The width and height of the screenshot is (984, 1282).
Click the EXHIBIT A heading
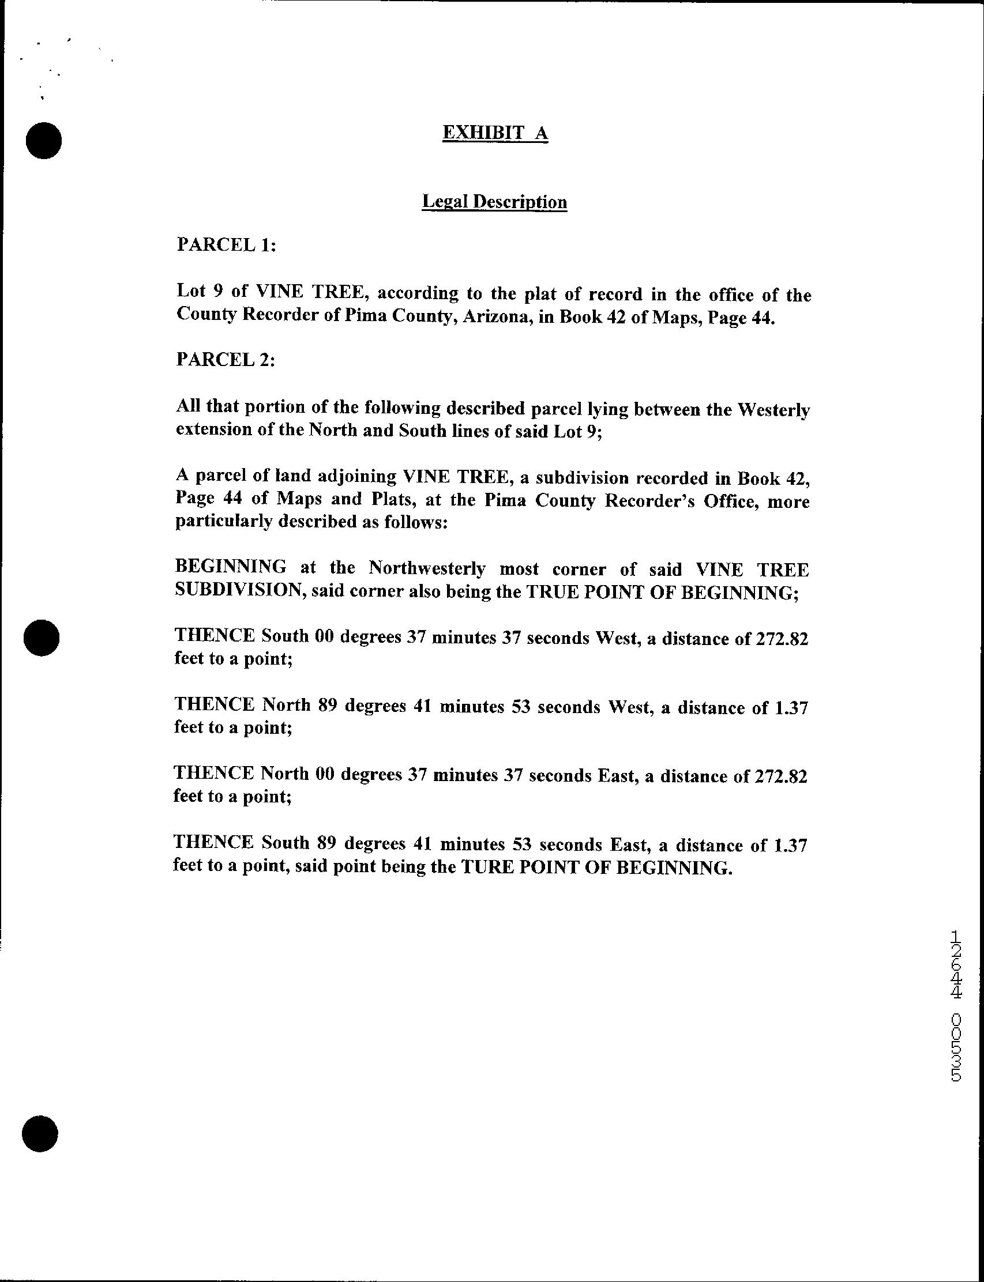[x=495, y=134]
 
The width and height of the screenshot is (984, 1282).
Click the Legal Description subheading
[x=494, y=202]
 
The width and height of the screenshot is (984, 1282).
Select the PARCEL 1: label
[x=226, y=244]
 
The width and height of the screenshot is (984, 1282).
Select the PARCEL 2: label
[x=226, y=359]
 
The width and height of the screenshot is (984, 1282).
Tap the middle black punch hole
[x=42, y=637]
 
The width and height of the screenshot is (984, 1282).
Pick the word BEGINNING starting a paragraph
[x=231, y=567]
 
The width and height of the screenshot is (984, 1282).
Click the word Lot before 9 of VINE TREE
[x=191, y=293]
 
